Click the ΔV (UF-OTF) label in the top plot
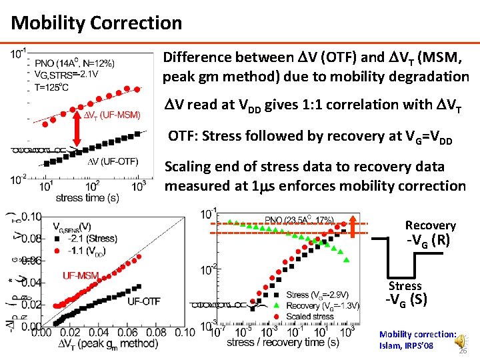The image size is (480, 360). (113, 162)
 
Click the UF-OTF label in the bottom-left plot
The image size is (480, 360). (144, 301)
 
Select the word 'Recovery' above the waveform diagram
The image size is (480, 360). (430, 225)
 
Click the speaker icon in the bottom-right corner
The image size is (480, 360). (459, 340)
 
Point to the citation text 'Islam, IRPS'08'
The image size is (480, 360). (406, 346)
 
